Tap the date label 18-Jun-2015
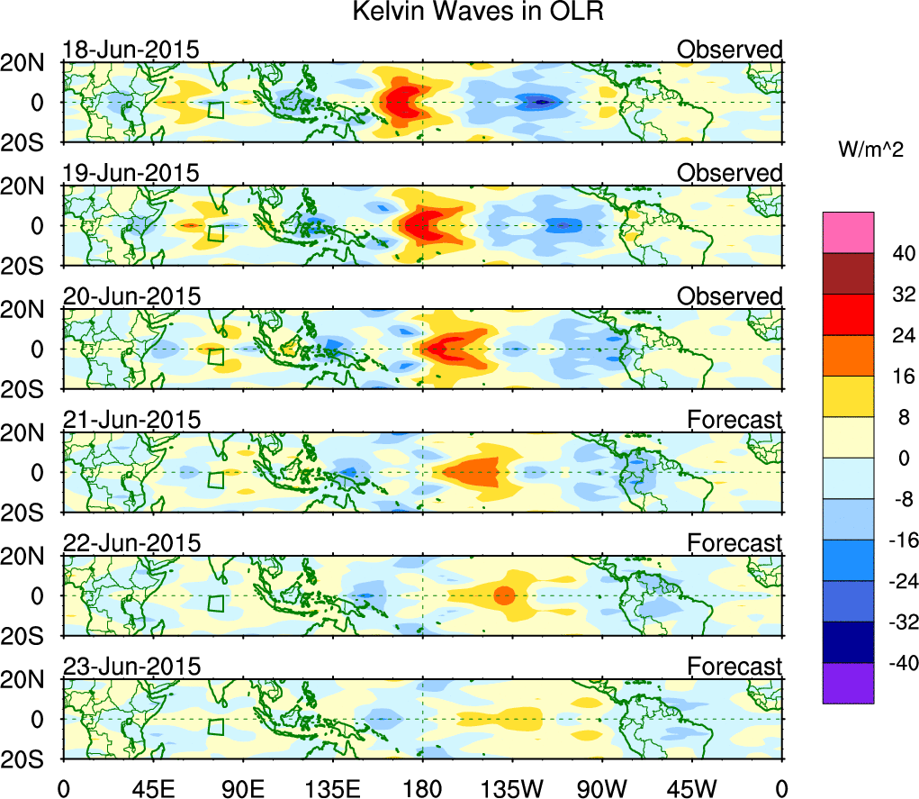coord(131,50)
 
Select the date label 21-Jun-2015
coord(131,420)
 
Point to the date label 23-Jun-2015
coord(131,667)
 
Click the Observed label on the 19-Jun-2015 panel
coord(729,173)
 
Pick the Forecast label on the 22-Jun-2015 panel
coord(734,543)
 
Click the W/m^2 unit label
coord(869,150)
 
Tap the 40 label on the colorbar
coord(853,253)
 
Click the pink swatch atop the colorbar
coord(847,232)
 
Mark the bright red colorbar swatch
coord(847,314)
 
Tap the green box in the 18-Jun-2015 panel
coord(215,110)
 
